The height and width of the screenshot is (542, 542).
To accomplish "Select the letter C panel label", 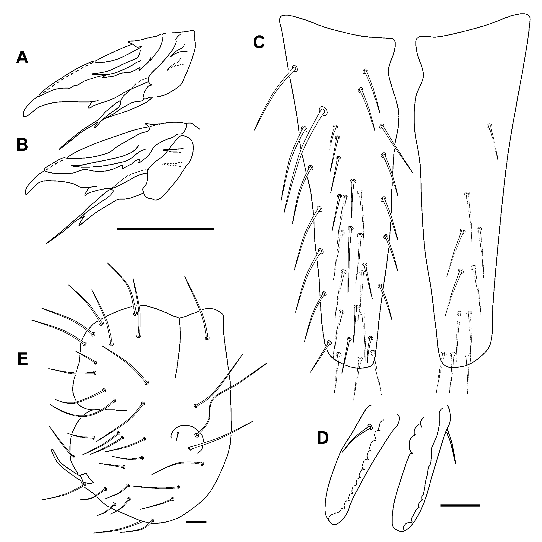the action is tap(259, 42).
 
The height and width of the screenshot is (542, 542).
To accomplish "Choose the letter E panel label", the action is tap(23, 359).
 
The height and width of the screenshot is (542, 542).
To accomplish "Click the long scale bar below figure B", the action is tap(165, 229).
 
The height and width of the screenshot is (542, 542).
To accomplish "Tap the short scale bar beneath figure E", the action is tap(196, 522).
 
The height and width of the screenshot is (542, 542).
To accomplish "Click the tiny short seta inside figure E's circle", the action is tap(177, 444).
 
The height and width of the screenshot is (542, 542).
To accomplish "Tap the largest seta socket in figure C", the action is tap(323, 111).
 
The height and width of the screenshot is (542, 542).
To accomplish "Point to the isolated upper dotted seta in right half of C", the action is tap(493, 142).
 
